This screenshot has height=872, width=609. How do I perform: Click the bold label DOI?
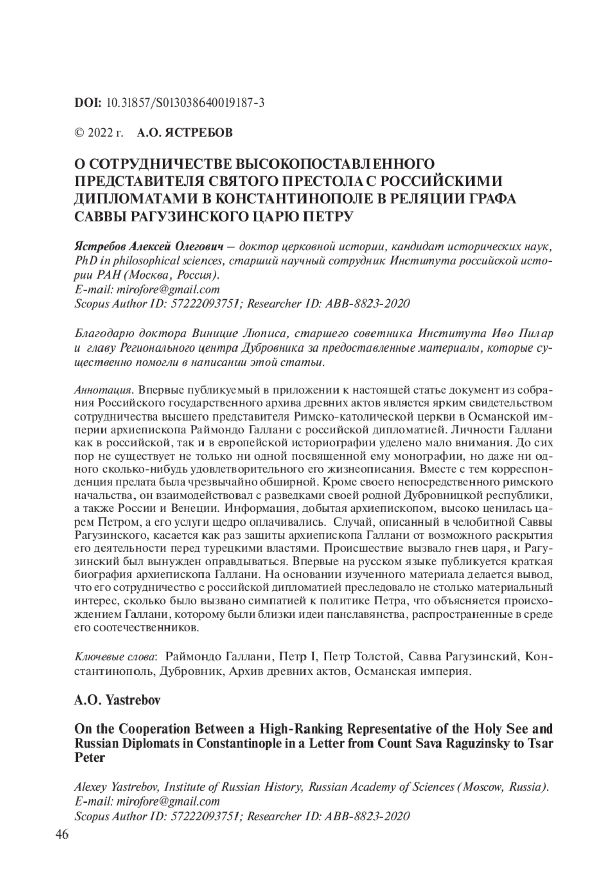pos(88,103)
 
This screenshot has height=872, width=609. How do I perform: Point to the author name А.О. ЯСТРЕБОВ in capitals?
pos(185,133)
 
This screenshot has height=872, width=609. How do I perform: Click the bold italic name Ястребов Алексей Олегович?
pos(149,247)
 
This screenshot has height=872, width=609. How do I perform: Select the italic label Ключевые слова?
pos(115,657)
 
